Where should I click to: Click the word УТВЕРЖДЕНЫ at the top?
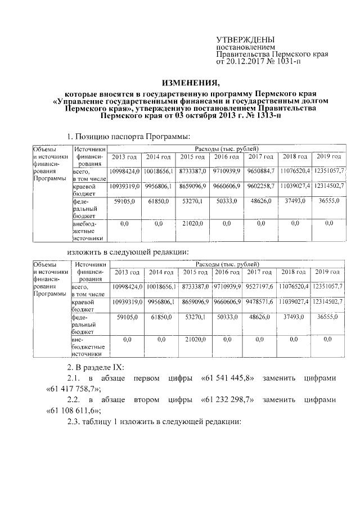[246, 40]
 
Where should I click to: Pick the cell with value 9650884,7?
[260, 170]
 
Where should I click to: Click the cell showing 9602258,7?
[260, 185]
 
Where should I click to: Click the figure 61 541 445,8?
[228, 377]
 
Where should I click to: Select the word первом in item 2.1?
[146, 377]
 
